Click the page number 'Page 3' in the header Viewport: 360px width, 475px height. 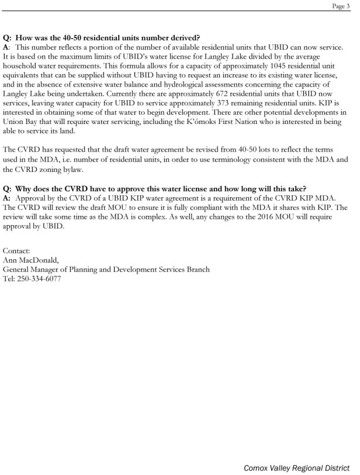pyautogui.click(x=342, y=5)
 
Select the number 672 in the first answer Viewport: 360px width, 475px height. pyautogui.click(x=227, y=103)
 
